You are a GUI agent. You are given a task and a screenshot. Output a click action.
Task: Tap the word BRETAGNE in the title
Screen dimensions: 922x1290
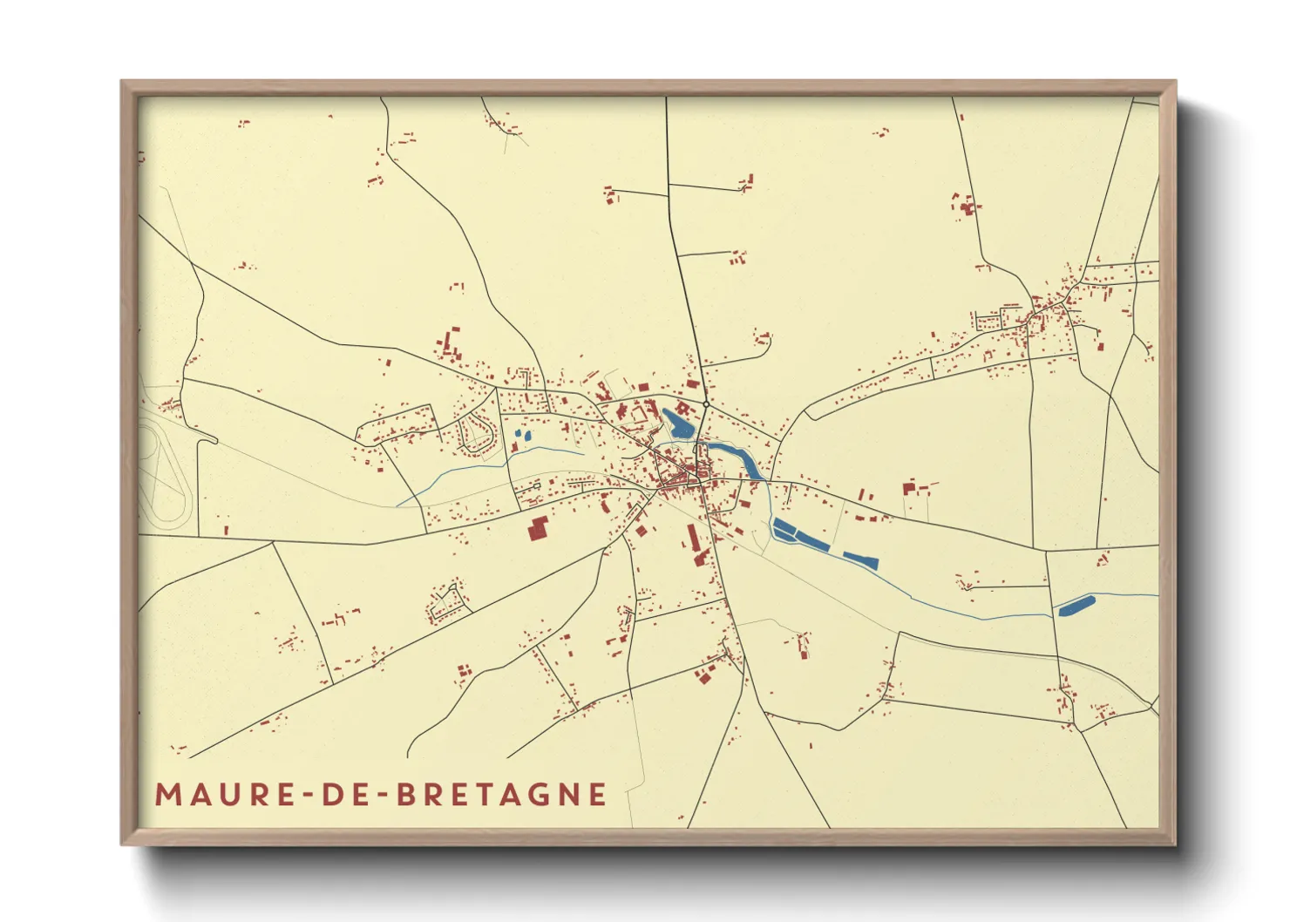coord(501,795)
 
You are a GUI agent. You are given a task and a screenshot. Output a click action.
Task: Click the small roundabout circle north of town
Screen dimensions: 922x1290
coord(705,404)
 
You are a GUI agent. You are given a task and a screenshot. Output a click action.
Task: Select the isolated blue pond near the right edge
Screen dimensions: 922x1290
coord(1076,606)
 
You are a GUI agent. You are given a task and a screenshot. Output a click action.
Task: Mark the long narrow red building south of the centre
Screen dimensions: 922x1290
coord(695,539)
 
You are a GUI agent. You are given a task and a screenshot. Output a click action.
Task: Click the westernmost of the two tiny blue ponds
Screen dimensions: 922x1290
coord(518,434)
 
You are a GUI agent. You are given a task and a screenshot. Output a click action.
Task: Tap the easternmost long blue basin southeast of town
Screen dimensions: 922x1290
coord(860,559)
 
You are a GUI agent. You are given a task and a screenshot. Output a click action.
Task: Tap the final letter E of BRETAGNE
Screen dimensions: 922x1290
coord(598,795)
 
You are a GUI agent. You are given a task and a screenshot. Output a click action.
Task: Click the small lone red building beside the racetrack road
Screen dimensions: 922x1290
coord(227,529)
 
